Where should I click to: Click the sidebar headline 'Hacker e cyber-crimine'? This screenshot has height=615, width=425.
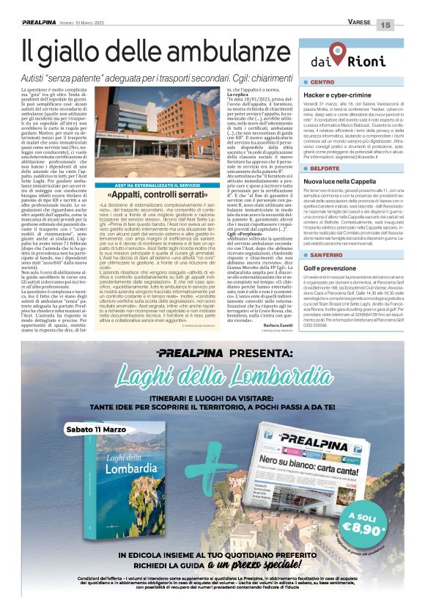(340, 95)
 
